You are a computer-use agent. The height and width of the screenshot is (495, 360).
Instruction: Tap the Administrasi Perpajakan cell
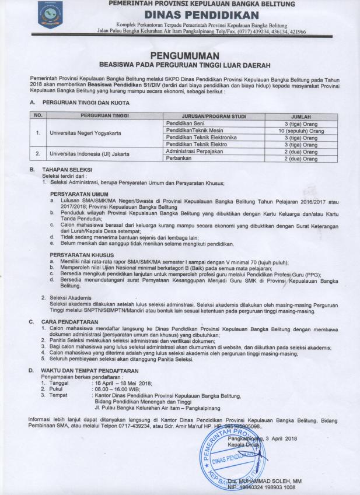[193, 151]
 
